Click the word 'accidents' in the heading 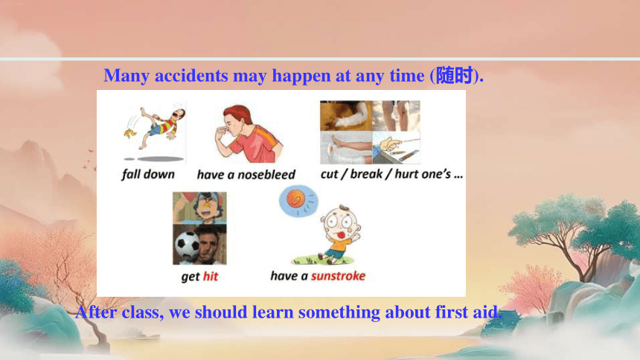[191, 76]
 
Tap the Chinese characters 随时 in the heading [454, 76]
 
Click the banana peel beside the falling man [130, 132]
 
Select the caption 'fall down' [148, 174]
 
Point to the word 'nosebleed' [266, 175]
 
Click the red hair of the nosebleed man [238, 114]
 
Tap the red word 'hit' [211, 277]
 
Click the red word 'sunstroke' [338, 276]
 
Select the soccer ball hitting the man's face [187, 245]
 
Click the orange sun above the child [296, 199]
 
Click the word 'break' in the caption [366, 174]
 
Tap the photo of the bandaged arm [346, 116]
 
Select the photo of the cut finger [396, 147]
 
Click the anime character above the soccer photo [199, 208]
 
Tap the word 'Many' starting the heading [126, 76]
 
